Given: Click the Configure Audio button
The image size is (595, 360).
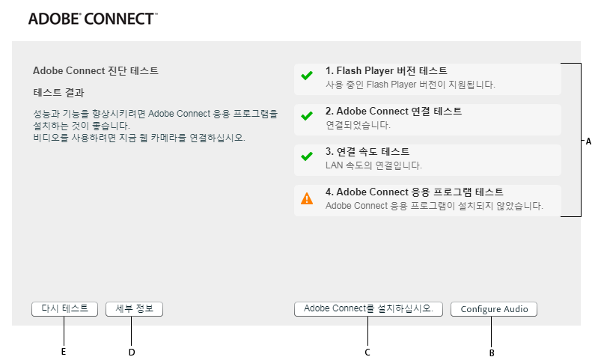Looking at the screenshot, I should [x=494, y=309].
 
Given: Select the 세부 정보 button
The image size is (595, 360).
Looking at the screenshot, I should [x=135, y=308].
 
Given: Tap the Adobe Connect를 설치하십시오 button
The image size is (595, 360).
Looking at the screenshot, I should [x=369, y=308].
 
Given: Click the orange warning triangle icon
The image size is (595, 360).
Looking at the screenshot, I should [x=307, y=199].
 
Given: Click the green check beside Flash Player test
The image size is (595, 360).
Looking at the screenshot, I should [x=307, y=76].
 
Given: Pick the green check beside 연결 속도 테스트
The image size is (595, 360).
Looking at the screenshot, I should [x=307, y=157].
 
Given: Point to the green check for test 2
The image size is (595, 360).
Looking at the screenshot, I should [x=307, y=117].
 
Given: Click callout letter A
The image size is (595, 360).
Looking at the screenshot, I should [x=588, y=141].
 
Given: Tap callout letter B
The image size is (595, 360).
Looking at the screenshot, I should [x=492, y=353].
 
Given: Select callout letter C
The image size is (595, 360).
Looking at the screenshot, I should [x=367, y=352].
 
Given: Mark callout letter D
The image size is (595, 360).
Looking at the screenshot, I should [x=132, y=351].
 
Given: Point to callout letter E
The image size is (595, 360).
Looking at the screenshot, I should [x=64, y=351].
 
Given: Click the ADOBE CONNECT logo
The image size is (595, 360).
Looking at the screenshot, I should [x=93, y=19].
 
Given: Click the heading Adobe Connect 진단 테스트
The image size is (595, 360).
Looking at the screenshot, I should [x=96, y=71].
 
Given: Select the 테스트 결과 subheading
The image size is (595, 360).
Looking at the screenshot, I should [x=59, y=94].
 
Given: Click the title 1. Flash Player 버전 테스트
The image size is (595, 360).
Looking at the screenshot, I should [x=386, y=71].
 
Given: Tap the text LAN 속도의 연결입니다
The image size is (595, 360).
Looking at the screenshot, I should [x=374, y=165].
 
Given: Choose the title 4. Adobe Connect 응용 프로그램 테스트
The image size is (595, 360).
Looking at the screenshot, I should [x=415, y=192].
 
